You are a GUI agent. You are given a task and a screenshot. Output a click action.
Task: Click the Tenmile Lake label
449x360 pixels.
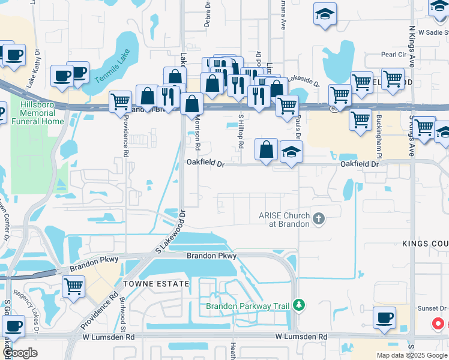pos(112,65)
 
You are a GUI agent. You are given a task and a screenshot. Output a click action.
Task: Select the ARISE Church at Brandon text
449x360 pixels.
pos(285,220)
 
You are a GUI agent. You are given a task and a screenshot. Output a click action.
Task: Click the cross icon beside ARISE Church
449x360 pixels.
pos(318,220)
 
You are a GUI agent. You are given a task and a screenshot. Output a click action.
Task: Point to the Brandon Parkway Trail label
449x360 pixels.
pos(249,306)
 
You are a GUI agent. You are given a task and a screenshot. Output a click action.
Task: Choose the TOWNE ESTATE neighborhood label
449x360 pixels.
pos(148,283)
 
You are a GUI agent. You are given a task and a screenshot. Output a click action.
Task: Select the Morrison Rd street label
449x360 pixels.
pos(197,134)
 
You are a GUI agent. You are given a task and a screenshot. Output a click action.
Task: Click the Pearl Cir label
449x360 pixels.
pos(394,55)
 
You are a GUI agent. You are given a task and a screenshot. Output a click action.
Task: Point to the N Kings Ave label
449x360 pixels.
pos(412,45)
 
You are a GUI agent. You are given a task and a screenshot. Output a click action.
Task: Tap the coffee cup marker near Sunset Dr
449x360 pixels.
pos(384,319)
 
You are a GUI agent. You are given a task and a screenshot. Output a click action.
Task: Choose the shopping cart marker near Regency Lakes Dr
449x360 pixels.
pos(73,287)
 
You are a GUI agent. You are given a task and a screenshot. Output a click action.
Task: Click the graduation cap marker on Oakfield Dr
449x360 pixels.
pos(291,152)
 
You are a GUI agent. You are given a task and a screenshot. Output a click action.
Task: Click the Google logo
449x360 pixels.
pos(20,353)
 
